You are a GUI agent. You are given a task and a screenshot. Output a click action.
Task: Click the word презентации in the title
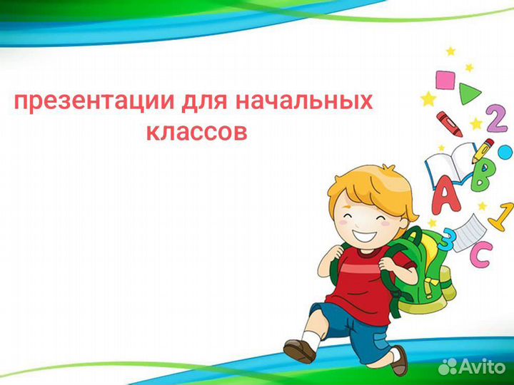pos(94,102)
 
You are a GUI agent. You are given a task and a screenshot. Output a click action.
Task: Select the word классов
pos(196,133)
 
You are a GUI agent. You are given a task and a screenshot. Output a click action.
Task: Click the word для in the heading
pos(204,102)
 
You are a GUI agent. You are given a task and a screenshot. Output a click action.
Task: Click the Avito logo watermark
pos(472,366)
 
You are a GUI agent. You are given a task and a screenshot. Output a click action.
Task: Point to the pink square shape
pos(445,80)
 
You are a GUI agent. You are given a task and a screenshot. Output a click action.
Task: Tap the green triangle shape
pos(469,93)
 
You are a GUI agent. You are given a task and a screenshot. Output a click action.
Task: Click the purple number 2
pos(497,118)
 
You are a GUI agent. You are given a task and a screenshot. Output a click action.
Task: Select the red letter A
pos(445,195)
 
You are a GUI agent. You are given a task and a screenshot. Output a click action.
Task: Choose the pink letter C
pos(481,254)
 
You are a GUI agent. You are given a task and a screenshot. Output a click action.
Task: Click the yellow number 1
pos(502,217)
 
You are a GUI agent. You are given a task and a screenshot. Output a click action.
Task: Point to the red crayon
pos(449,124)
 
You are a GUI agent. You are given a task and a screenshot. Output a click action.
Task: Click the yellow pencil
pos(482,151)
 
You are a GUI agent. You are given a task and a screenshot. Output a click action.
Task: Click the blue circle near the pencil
pos(505,153)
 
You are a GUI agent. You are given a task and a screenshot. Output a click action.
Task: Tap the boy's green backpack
pos(423,272)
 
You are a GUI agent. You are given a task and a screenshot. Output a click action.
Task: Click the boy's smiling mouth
pos(364,235)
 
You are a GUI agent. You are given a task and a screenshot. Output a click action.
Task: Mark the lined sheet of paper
pos(470,232)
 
